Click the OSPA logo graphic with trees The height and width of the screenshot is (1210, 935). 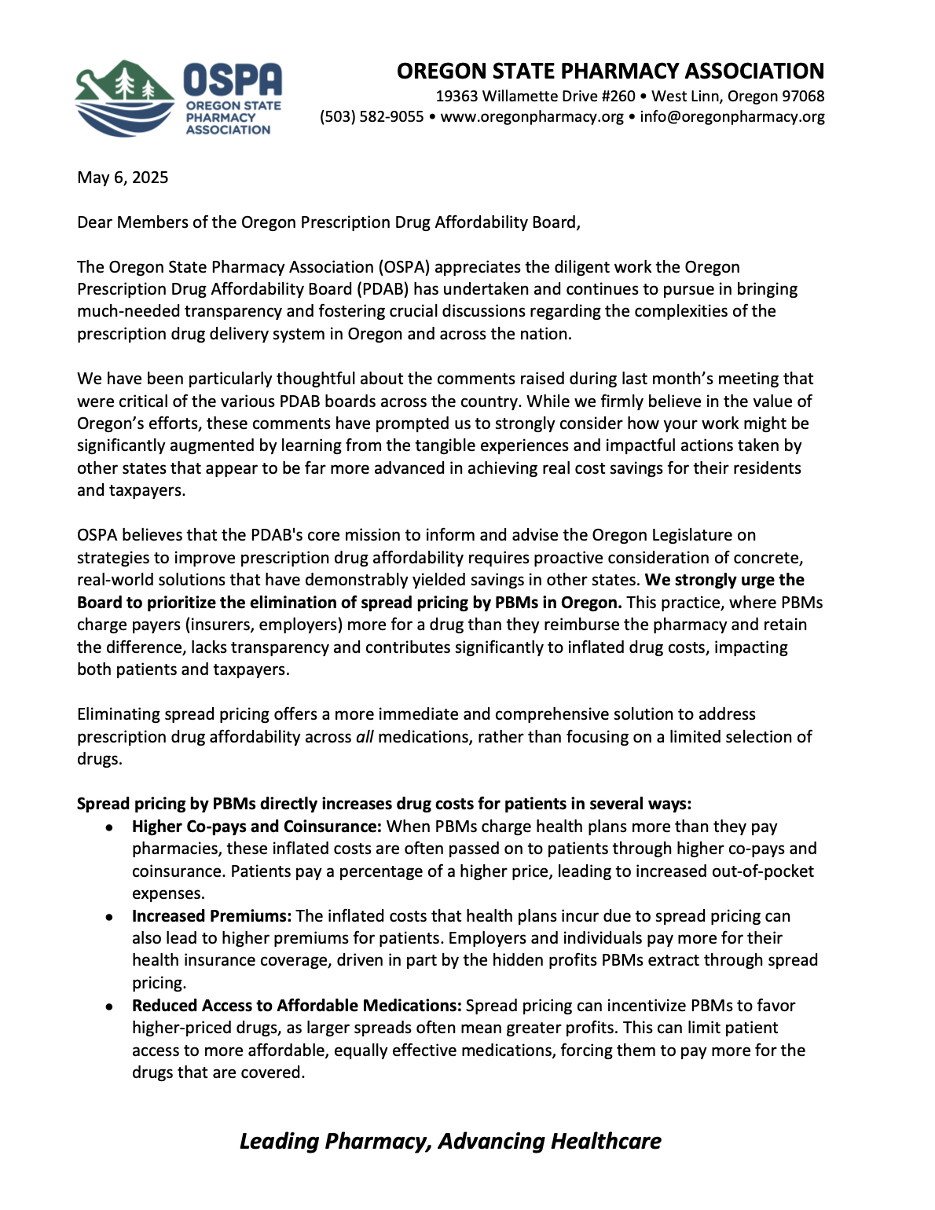[124, 98]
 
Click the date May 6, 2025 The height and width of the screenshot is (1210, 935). [123, 178]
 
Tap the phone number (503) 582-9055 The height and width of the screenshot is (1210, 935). [372, 117]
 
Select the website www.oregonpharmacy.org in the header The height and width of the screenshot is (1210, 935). [532, 117]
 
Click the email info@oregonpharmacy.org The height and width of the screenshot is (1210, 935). [732, 117]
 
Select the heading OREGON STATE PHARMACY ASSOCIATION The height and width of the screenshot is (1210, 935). [610, 71]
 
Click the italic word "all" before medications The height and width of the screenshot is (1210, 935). [365, 737]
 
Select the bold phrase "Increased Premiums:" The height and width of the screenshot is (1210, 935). [212, 916]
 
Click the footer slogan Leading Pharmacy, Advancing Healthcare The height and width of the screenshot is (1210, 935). [450, 1141]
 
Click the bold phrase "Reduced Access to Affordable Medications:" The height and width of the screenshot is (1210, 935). [297, 1006]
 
